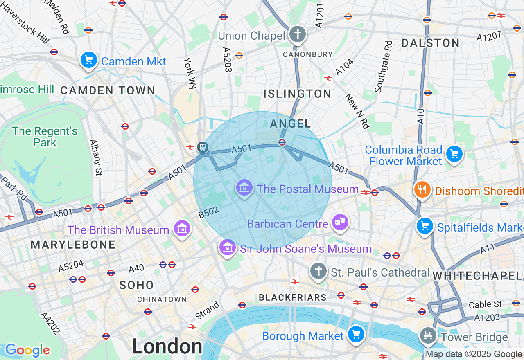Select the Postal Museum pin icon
coord(244,188)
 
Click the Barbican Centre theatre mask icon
coord(340,223)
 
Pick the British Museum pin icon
coord(182,229)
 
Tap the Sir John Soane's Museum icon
coord(228,247)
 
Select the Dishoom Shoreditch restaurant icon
coord(422,190)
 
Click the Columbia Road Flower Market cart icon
coord(454,154)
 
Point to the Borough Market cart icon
coord(356,335)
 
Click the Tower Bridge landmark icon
coord(428,336)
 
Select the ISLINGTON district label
coord(297,94)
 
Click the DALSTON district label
coord(431,43)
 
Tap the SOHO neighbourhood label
coord(137,285)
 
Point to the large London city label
coord(167,347)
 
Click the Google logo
coord(27,350)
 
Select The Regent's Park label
coord(45,137)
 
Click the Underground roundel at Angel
coord(282,142)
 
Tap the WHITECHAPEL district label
coord(477,276)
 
